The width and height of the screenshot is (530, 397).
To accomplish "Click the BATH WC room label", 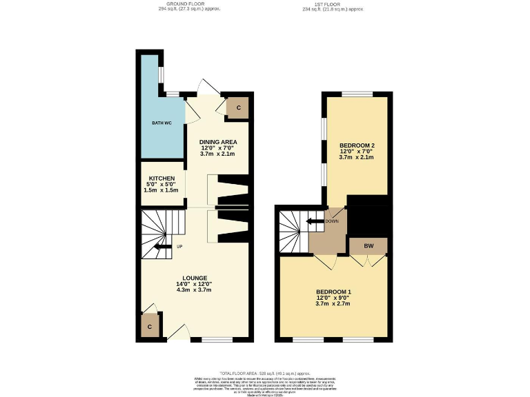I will click(161, 123).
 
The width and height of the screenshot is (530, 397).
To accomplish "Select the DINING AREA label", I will click(218, 142).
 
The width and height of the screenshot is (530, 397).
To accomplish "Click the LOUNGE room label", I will click(195, 278).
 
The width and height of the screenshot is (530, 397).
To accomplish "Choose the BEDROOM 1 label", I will click(333, 292).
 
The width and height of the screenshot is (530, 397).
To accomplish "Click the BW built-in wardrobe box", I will click(369, 246).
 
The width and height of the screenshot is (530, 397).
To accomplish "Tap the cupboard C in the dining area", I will click(238, 108).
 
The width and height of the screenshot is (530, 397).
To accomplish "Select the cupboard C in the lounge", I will click(150, 327).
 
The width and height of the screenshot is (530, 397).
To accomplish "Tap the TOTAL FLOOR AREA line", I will click(264, 373).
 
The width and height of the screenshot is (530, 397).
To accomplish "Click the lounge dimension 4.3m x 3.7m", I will click(195, 290).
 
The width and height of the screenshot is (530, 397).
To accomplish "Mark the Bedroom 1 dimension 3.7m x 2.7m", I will click(333, 304).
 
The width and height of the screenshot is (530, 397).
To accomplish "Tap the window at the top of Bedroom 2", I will click(357, 94).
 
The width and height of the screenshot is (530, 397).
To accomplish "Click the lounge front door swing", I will click(177, 332).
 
